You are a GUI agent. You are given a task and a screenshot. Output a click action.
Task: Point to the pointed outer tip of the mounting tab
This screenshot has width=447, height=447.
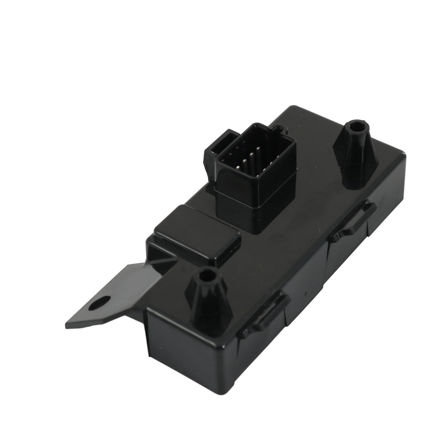point(67,325)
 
